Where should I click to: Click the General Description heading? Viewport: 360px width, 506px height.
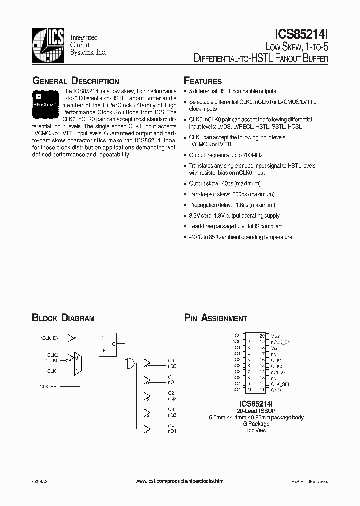click(x=75, y=81)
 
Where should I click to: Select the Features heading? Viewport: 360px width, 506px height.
click(x=203, y=81)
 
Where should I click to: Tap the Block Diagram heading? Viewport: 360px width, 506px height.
click(x=63, y=318)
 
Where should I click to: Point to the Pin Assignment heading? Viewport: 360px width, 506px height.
click(x=215, y=318)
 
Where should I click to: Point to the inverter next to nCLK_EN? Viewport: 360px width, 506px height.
click(x=72, y=338)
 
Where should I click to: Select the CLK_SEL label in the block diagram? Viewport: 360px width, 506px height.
click(x=49, y=386)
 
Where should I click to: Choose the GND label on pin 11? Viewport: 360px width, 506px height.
click(x=275, y=389)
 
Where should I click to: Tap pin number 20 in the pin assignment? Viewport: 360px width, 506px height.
click(x=262, y=336)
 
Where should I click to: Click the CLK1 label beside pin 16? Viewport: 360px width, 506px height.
click(x=276, y=360)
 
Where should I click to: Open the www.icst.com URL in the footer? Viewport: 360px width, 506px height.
click(x=180, y=481)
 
